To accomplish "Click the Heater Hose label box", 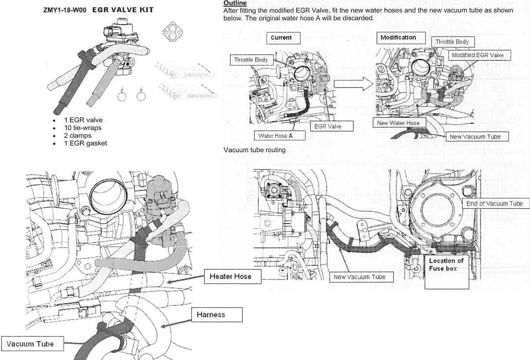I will click(230, 276).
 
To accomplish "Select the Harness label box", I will click(217, 315).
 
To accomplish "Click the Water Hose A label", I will click(275, 136).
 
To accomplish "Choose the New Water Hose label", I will click(398, 123).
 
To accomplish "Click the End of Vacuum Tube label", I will click(494, 204).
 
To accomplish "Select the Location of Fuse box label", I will click(446, 265).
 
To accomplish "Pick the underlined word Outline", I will click(235, 3).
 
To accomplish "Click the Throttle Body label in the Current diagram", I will click(250, 60).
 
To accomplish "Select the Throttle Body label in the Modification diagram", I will click(452, 42).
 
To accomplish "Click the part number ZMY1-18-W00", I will click(65, 10).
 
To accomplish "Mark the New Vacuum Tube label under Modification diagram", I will click(475, 136).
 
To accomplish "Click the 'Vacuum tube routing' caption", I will click(255, 150).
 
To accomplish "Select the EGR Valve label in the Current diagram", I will click(328, 126).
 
